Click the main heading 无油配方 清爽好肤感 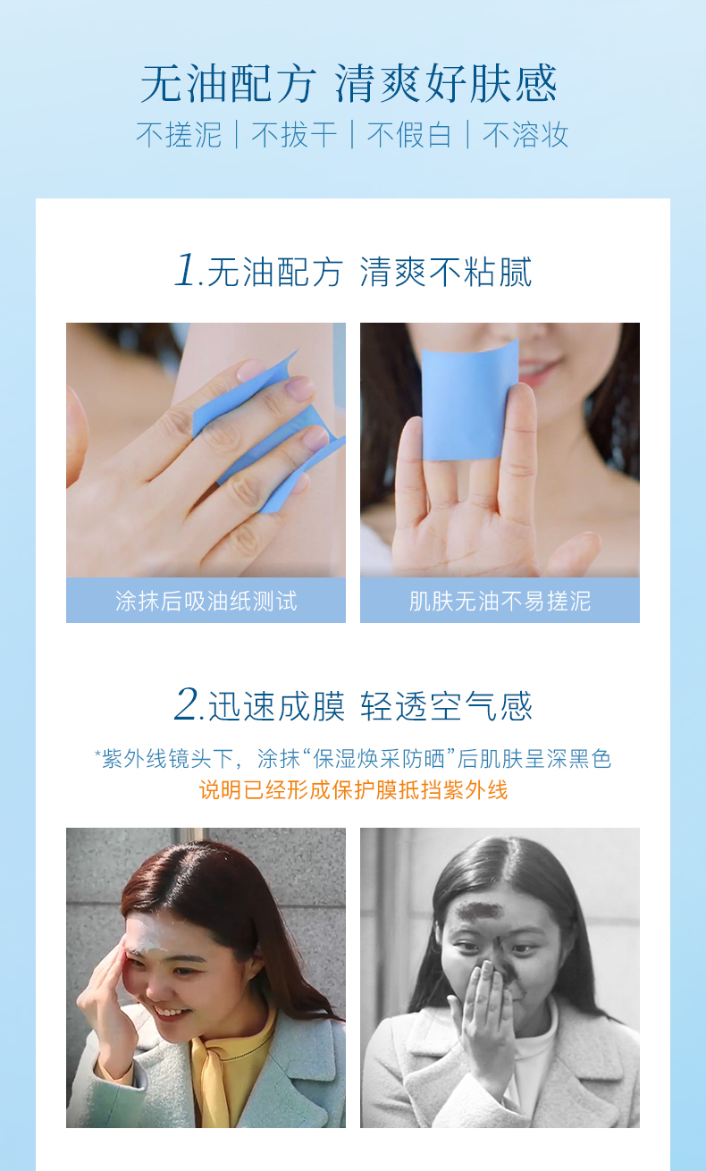point(349,84)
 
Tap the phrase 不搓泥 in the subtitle point(179,135)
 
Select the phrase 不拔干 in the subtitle point(294,135)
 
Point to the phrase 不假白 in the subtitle point(409,135)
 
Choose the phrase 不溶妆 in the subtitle point(525,135)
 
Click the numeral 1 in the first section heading point(186,270)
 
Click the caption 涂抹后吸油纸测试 point(206,601)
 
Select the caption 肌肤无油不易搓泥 point(500,601)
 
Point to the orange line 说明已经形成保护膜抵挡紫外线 point(353,789)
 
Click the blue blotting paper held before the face point(469,401)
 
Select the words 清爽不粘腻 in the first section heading point(446,272)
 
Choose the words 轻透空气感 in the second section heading point(446,706)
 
